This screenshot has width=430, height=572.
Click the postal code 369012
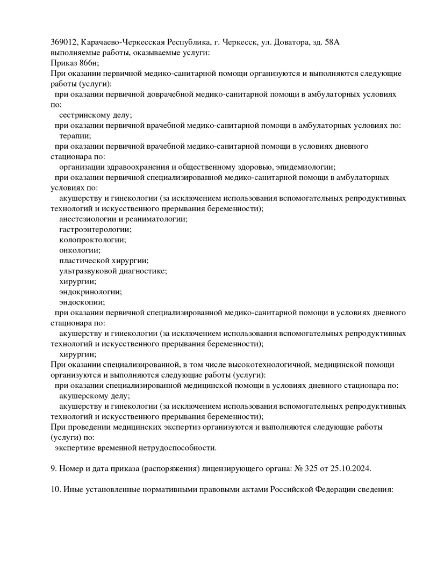click(64, 42)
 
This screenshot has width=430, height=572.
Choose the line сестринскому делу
click(96, 115)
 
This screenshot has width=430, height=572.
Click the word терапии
click(75, 136)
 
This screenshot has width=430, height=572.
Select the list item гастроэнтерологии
click(95, 229)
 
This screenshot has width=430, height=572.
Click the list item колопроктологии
click(92, 240)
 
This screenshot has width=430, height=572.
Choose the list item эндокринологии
click(90, 292)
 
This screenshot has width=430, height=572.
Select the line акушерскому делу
click(94, 396)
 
